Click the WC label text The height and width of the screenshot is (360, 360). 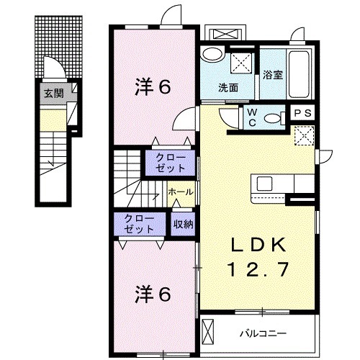253,117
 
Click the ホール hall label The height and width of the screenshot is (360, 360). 180,193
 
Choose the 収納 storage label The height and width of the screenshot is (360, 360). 183,224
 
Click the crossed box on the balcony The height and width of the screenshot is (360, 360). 209,333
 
